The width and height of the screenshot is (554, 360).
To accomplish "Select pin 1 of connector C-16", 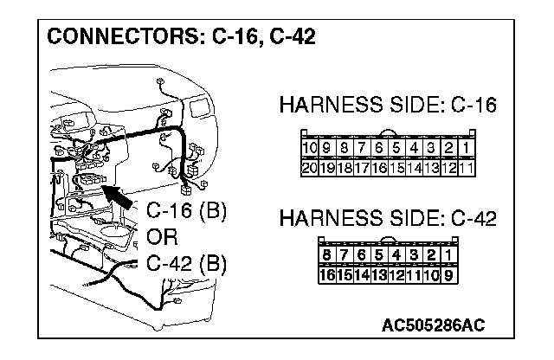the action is click(464, 150).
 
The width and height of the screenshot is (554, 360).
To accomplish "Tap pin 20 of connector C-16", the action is click(306, 167).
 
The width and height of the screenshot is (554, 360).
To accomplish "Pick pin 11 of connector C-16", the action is click(464, 167).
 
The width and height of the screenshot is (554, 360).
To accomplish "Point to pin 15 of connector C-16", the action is click(395, 167).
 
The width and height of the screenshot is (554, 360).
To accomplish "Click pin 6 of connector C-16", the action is click(378, 150).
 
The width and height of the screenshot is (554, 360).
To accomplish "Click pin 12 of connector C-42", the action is click(396, 274).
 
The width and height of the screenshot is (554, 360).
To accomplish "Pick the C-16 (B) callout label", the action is click(186, 210).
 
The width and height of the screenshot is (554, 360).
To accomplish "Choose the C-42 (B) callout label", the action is click(186, 263).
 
